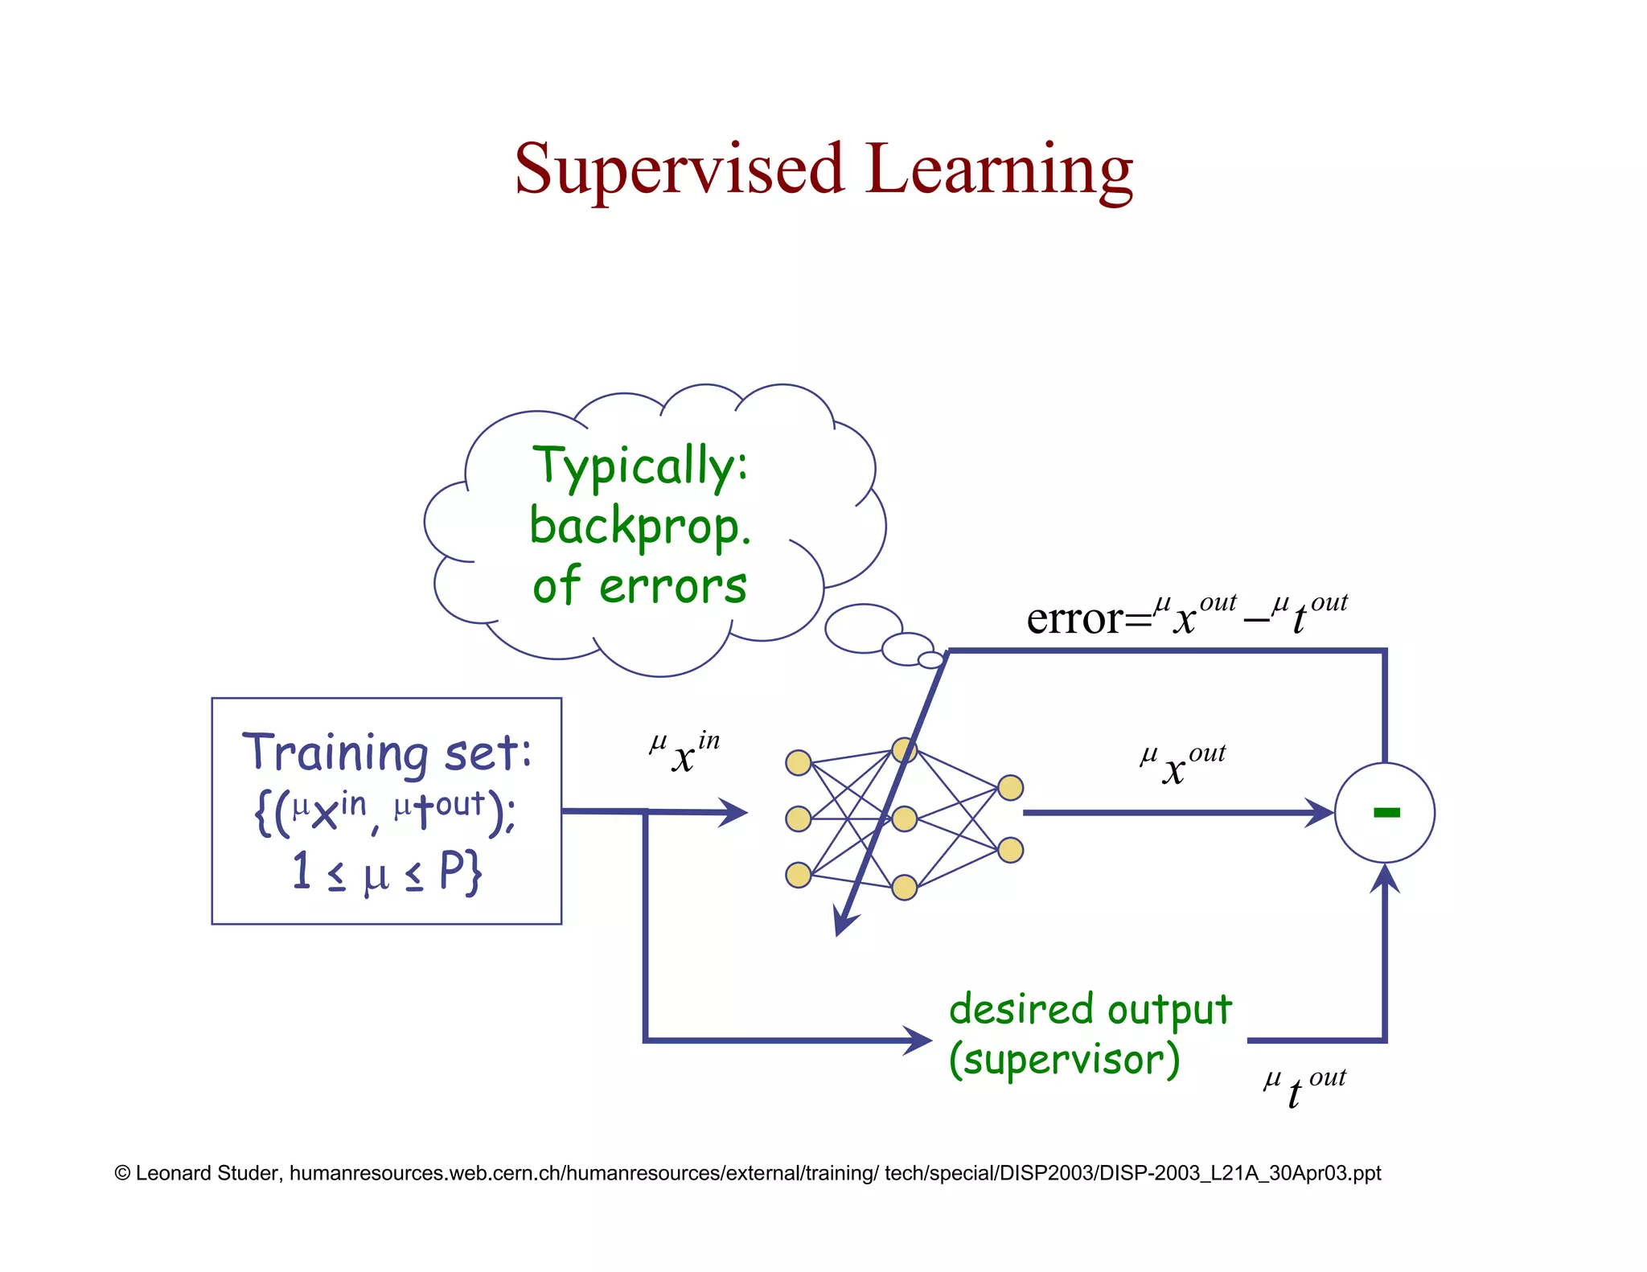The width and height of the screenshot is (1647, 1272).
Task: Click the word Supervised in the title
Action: point(680,170)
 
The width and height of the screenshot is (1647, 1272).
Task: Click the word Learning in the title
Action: point(999,170)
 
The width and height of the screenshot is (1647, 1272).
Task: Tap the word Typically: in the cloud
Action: point(640,466)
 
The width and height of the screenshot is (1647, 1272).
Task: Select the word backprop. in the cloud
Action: point(640,527)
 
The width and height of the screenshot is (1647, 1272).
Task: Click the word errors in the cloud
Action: point(672,586)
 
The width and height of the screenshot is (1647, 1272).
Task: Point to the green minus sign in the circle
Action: point(1386,813)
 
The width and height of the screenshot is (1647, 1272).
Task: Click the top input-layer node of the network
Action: point(798,762)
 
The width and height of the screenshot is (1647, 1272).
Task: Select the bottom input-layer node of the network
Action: point(798,874)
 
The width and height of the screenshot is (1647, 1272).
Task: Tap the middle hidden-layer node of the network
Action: point(905,819)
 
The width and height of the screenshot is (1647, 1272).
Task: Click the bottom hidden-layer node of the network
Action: point(905,887)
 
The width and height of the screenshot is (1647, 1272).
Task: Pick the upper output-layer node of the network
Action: point(1010,788)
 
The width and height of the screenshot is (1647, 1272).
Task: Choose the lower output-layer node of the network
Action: point(1010,850)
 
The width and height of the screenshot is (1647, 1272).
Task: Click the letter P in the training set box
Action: point(453,871)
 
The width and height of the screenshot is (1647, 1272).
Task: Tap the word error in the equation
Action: point(1074,619)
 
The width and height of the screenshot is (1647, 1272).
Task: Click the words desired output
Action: point(1090,1010)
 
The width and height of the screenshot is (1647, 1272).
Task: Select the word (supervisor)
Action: point(1064,1060)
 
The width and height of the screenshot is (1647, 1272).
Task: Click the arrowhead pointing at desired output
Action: point(918,1040)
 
